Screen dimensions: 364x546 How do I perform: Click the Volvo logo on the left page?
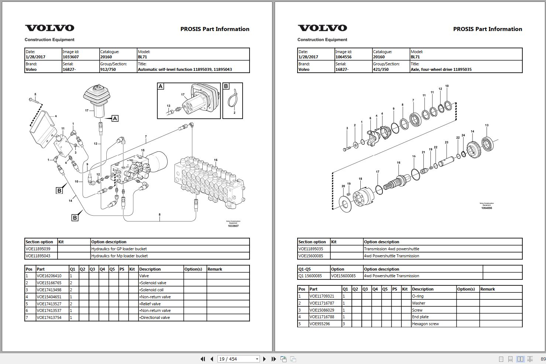pyautogui.click(x=49, y=28)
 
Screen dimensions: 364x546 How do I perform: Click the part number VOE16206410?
pyautogui.click(x=49, y=276)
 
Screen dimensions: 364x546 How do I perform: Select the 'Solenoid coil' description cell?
pyautogui.click(x=151, y=290)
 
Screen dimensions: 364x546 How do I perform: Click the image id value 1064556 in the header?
pyautogui.click(x=343, y=57)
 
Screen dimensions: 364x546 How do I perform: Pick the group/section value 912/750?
pyautogui.click(x=108, y=69)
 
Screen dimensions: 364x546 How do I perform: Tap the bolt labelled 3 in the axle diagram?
pyautogui.click(x=347, y=149)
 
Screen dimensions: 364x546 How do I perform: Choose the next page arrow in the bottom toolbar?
pyautogui.click(x=264, y=359)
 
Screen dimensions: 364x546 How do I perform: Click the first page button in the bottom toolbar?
pyautogui.click(x=202, y=359)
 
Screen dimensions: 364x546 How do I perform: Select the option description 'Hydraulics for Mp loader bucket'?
pyautogui.click(x=119, y=256)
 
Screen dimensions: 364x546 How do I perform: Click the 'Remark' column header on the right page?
pyautogui.click(x=487, y=289)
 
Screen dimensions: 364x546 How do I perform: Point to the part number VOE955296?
pyautogui.click(x=320, y=324)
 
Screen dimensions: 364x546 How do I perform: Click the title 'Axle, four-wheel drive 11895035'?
pyautogui.click(x=441, y=69)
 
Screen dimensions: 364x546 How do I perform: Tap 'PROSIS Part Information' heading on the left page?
pyautogui.click(x=214, y=29)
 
